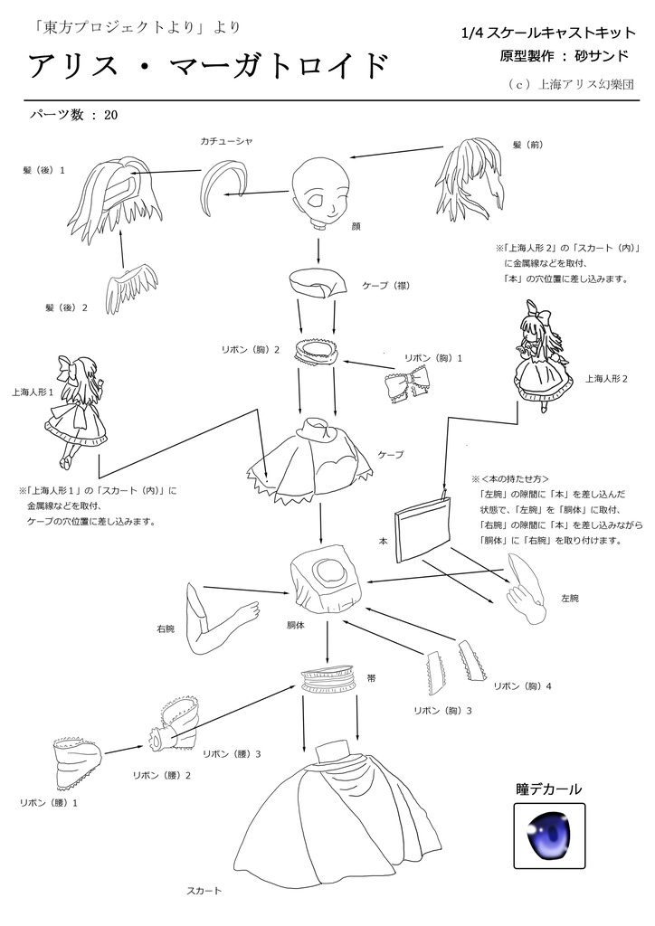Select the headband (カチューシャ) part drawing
coord(227,178)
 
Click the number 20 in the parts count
coord(111,116)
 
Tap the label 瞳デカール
coord(548,789)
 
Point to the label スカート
coord(204,891)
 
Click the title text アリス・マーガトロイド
coord(209,66)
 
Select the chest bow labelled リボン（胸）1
coord(408,383)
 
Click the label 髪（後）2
coord(66,307)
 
